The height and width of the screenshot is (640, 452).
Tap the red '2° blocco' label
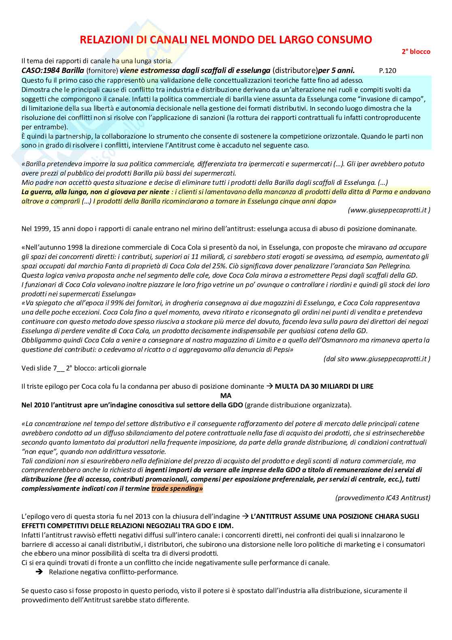click(416, 51)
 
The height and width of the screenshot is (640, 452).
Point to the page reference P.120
click(387, 71)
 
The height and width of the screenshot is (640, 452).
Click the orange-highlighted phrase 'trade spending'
click(177, 488)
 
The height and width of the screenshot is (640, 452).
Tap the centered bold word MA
click(226, 396)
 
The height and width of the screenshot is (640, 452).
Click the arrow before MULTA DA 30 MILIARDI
click(269, 386)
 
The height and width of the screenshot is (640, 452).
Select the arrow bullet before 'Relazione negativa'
click(39, 572)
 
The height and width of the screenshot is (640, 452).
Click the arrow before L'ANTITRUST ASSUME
click(245, 516)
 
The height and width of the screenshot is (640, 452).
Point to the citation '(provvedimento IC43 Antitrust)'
click(382, 498)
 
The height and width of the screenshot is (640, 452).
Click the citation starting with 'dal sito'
click(377, 359)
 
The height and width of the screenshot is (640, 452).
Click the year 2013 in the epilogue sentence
click(158, 516)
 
